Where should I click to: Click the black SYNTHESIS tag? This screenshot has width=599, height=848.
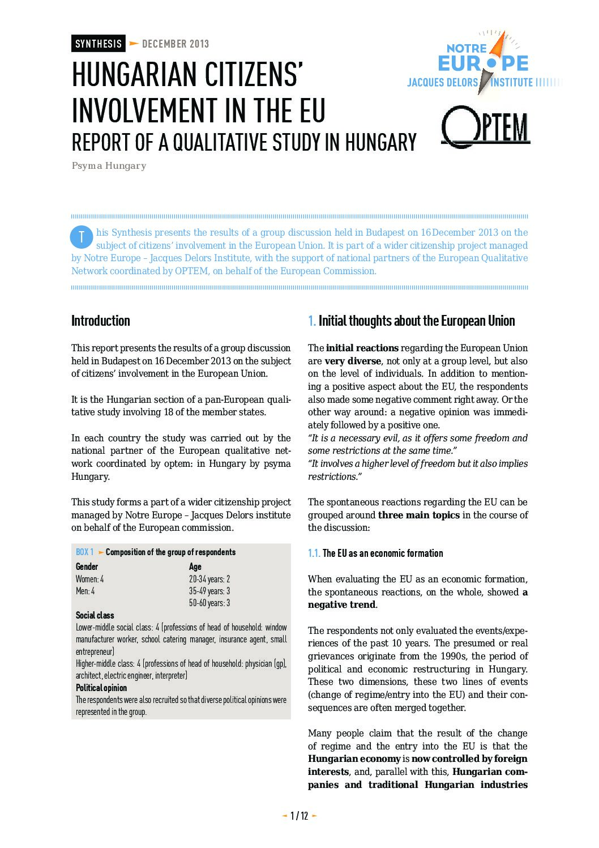pos(98,44)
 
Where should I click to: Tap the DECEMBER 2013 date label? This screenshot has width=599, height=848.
pos(176,44)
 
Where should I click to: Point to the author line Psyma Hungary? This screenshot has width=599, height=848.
pos(109,166)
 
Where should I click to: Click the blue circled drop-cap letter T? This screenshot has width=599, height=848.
pos(81,237)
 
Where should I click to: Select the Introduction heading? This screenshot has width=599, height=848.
pos(101,321)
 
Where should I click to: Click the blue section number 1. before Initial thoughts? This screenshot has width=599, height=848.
pos(311,321)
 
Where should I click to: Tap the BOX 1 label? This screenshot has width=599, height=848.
pos(85,552)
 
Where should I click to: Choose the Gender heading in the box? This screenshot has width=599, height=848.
pos(87,566)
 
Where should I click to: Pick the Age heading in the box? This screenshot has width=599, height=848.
pos(195,566)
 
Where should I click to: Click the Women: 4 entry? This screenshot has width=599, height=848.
pos(89,579)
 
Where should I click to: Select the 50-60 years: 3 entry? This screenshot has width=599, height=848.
pos(209,603)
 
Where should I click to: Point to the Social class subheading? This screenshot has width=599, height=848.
pos(95,615)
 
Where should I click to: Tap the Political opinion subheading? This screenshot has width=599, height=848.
pos(101,688)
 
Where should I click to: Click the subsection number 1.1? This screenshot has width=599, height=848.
pos(314,553)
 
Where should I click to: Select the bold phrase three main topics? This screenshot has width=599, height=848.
pos(418,515)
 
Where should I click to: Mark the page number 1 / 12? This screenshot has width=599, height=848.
pos(299,816)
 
